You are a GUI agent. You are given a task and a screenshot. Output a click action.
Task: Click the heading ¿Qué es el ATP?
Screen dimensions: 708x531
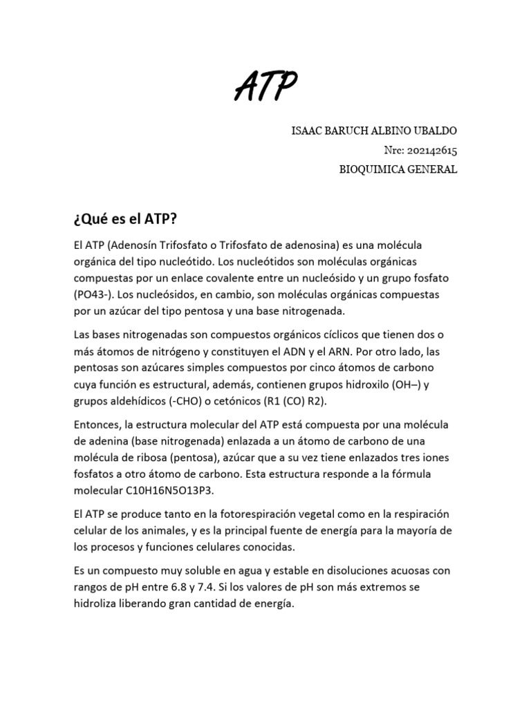point(124,219)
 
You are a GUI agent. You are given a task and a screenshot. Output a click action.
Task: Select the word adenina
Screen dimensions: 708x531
point(106,441)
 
